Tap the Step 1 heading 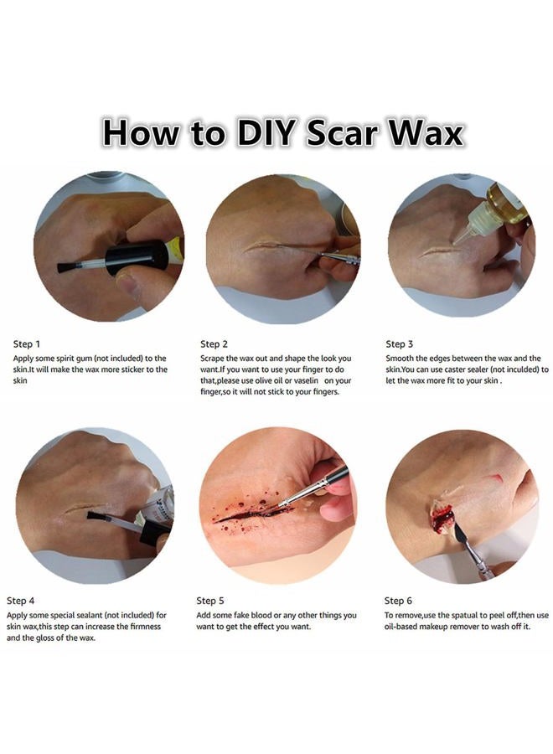(x=27, y=343)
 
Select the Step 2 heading (x=214, y=343)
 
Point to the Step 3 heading (x=399, y=343)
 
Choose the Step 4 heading (x=20, y=601)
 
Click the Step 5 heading (x=210, y=601)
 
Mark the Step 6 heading (x=398, y=601)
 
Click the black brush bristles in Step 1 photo (x=65, y=267)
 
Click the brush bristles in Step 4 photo (x=95, y=517)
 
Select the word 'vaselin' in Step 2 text (x=306, y=380)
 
